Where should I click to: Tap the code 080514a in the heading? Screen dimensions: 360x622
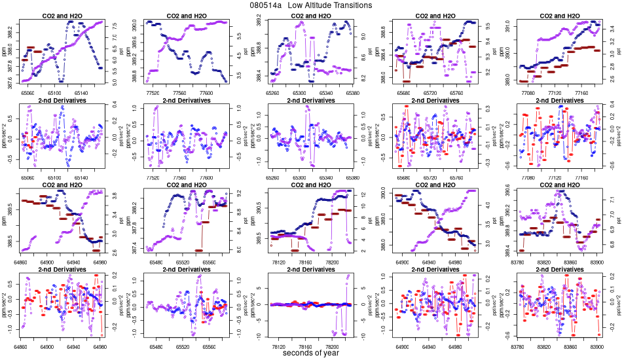pyautogui.click(x=265, y=5)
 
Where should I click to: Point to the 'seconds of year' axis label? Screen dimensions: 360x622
pyautogui.click(x=311, y=353)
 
